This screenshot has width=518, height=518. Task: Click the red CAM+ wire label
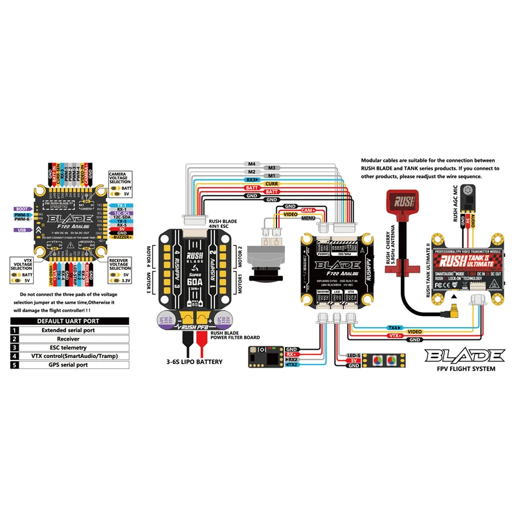pyautogui.click(x=308, y=210)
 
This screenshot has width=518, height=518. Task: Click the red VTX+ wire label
pyautogui.click(x=394, y=336)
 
